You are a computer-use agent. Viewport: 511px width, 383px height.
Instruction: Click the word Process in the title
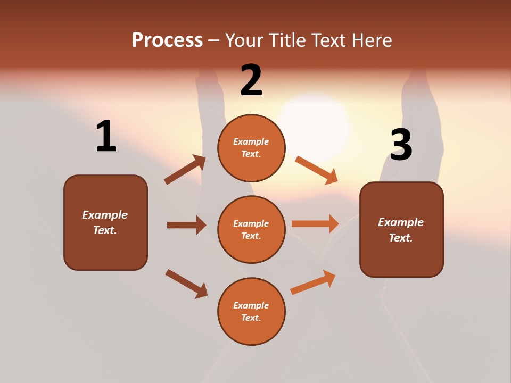click(x=167, y=40)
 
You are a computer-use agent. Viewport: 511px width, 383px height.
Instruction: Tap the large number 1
click(x=106, y=137)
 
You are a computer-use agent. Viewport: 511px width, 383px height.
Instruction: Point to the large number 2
click(x=251, y=80)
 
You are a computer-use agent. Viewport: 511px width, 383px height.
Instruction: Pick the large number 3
click(x=401, y=145)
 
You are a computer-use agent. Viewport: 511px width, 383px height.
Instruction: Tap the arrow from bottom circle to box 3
click(x=313, y=282)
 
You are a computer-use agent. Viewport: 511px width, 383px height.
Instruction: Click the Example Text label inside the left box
click(x=105, y=222)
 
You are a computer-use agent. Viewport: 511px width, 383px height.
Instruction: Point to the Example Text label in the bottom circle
click(x=251, y=312)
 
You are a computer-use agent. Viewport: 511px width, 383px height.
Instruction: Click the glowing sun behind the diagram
click(x=314, y=117)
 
